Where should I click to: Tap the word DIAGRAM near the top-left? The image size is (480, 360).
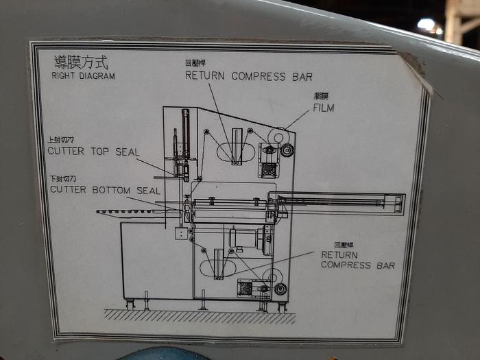click(97, 76)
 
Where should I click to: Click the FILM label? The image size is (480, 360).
click(324, 108)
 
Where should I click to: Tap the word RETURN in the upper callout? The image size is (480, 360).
click(206, 76)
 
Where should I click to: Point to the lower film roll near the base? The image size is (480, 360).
click(274, 278)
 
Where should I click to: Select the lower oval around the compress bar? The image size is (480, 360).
click(219, 264)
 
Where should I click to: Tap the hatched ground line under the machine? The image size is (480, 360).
click(199, 317)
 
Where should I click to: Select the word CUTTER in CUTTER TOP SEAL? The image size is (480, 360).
click(69, 152)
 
